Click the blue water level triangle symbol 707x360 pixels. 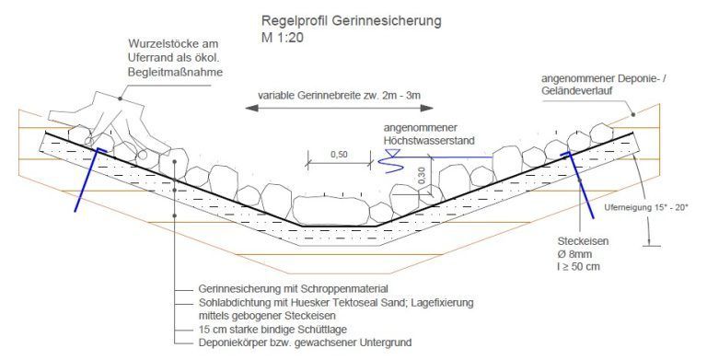388,163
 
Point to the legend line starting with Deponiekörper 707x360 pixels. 305,342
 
